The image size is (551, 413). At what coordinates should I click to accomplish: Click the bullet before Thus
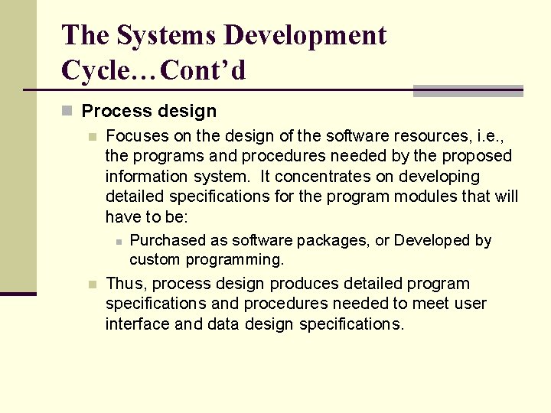[93, 285]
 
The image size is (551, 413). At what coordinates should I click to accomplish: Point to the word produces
[306, 283]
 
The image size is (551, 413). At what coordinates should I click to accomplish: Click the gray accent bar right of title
[468, 91]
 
